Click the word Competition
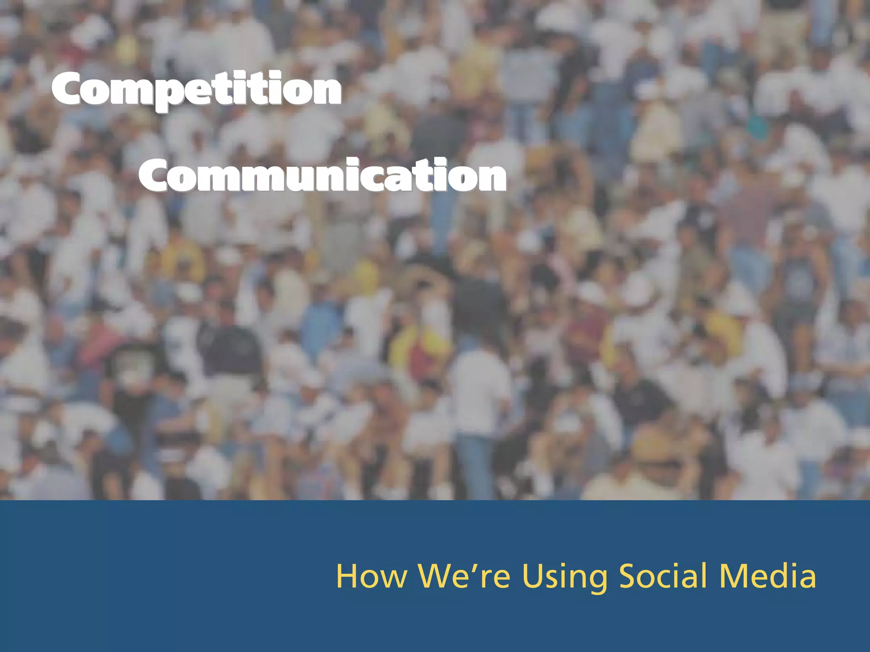pyautogui.click(x=196, y=90)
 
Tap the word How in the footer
pyautogui.click(x=371, y=576)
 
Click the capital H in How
pyautogui.click(x=347, y=576)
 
